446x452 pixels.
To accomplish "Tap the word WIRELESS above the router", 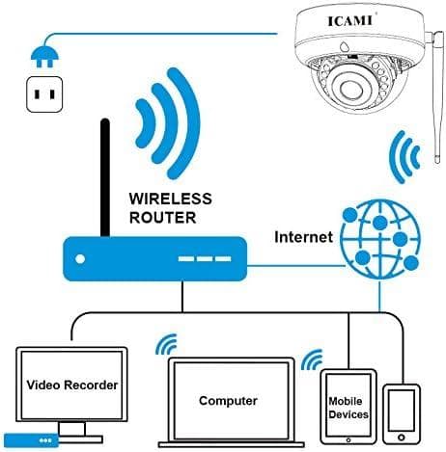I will [x=170, y=198].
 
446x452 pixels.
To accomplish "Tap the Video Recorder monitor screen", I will [x=71, y=385].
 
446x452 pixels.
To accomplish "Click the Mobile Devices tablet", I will [x=348, y=406].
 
